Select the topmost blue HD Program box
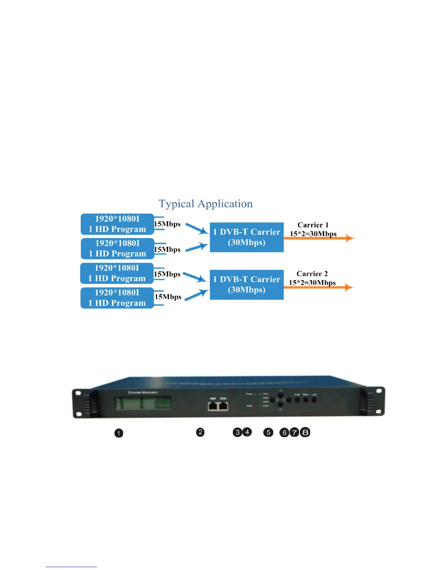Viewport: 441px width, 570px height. click(x=117, y=224)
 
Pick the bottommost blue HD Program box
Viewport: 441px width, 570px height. click(x=117, y=298)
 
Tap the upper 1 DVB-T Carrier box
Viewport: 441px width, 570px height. click(x=247, y=237)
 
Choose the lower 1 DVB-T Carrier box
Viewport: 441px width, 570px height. click(x=247, y=285)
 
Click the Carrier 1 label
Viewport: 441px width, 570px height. click(x=313, y=225)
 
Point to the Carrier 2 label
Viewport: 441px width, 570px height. click(x=312, y=274)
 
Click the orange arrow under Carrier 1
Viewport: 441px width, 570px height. click(x=319, y=238)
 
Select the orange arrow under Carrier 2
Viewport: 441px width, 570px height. click(x=319, y=287)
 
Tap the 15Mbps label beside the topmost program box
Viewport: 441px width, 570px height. click(x=167, y=224)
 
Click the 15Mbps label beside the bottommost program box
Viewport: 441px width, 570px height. click(x=168, y=297)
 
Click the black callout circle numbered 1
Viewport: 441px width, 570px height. click(x=119, y=433)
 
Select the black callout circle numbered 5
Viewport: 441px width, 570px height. click(x=268, y=432)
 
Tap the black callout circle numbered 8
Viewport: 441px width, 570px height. click(x=305, y=432)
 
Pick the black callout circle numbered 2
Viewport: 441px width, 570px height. click(x=200, y=432)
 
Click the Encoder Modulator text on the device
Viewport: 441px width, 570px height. click(x=143, y=392)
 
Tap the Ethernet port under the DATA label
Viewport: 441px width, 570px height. click(x=224, y=406)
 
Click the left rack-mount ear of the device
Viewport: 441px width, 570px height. click(x=81, y=403)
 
